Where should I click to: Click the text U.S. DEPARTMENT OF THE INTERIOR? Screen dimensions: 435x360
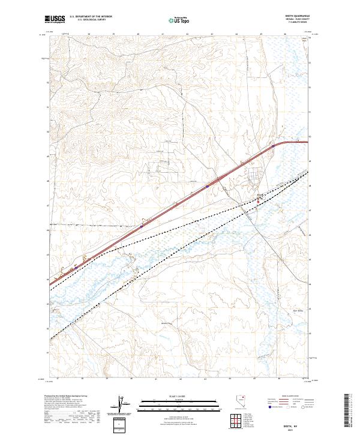(x=91, y=16)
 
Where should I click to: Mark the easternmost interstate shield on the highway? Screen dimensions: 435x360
(x=273, y=145)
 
